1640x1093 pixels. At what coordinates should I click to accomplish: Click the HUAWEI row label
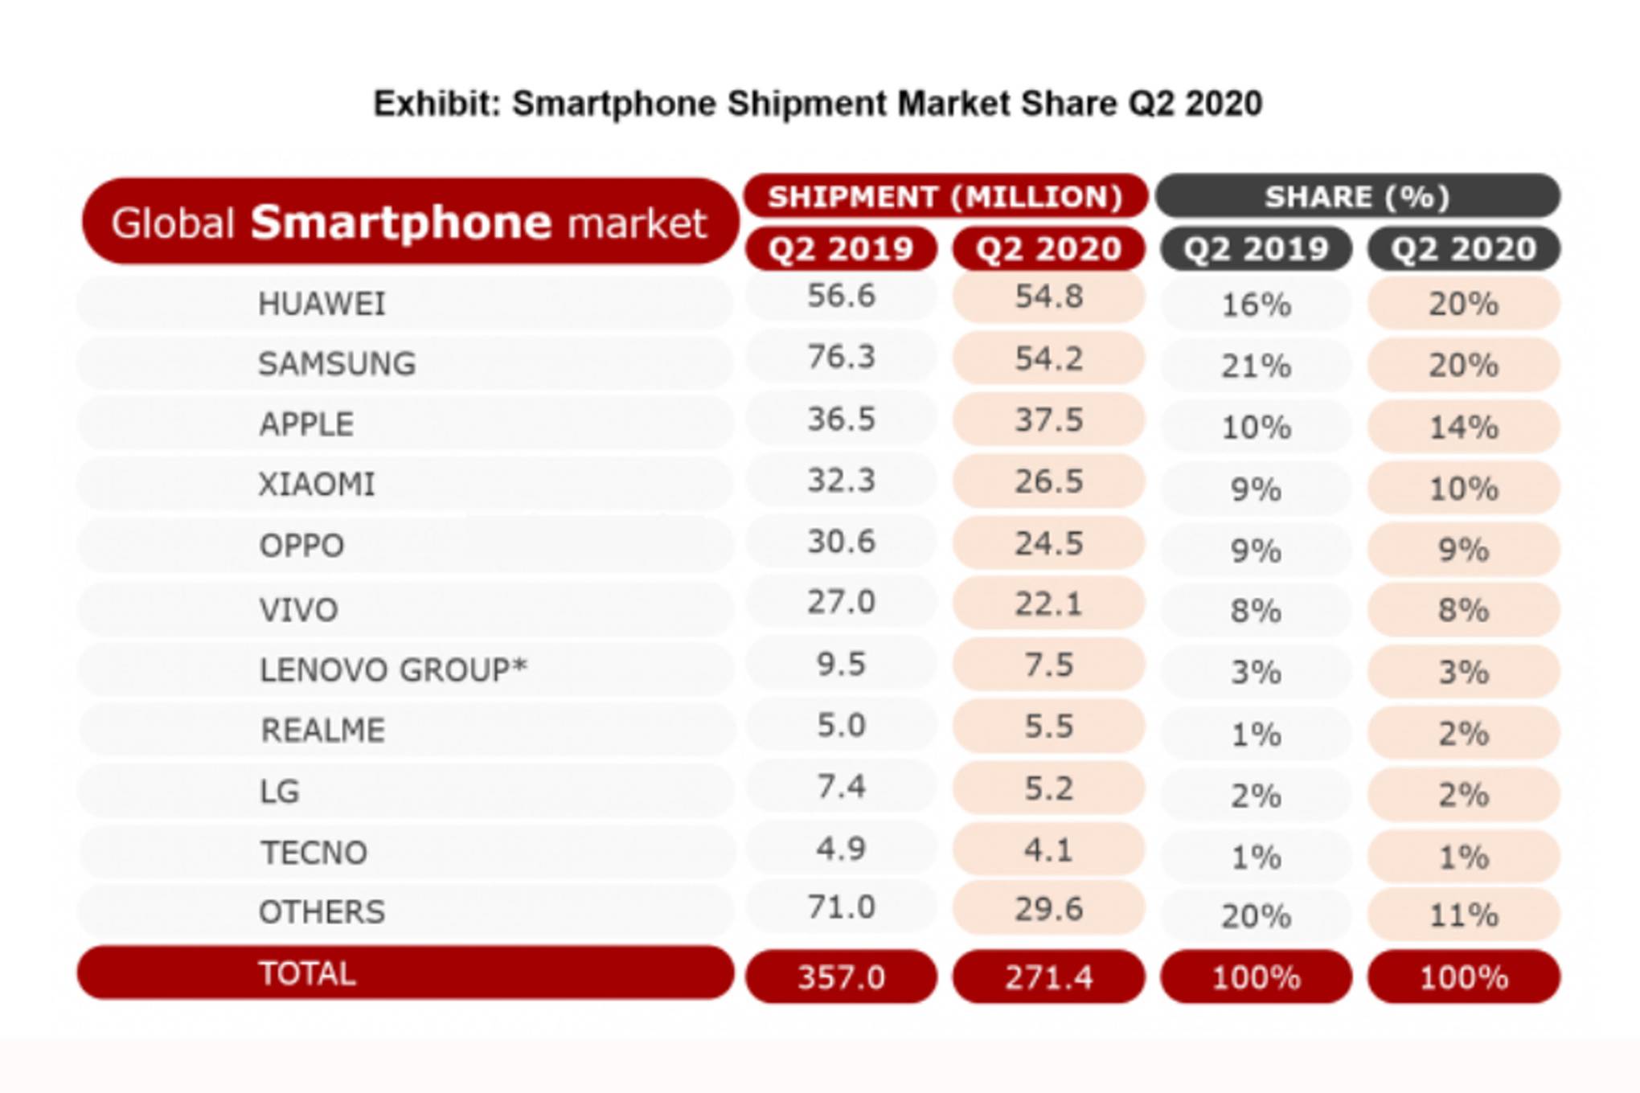tap(322, 304)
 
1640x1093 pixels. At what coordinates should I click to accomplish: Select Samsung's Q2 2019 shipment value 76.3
tap(841, 357)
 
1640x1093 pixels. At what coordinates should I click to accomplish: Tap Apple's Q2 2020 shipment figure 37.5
tap(1048, 420)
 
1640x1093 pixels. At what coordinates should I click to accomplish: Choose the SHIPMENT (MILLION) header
tap(945, 197)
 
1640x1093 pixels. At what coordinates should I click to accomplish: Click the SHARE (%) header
tap(1357, 197)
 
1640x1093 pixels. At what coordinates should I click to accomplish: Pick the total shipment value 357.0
tap(841, 977)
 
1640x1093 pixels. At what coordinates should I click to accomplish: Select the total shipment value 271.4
tap(1048, 977)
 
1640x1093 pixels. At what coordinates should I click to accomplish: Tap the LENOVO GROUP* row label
tap(392, 669)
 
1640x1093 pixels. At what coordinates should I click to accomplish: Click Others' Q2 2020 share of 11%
tap(1463, 915)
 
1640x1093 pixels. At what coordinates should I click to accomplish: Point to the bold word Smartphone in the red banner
tap(401, 223)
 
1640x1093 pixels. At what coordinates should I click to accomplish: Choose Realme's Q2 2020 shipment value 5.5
tap(1048, 727)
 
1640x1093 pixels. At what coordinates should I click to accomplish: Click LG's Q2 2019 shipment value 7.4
tap(841, 787)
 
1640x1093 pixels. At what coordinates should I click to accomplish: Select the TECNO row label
tap(314, 853)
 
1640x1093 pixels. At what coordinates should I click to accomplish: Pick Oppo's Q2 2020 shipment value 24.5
tap(1048, 544)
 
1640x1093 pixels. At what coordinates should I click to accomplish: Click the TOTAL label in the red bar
tap(307, 974)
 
